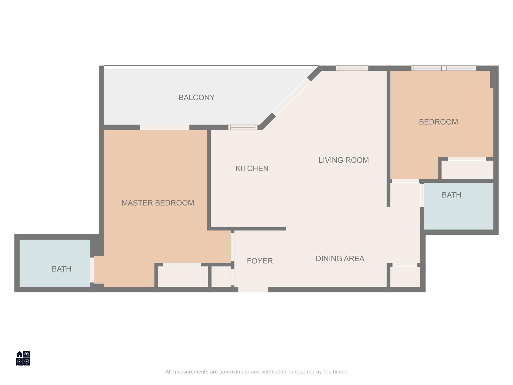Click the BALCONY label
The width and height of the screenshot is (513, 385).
point(196,98)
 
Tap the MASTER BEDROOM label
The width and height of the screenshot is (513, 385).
point(158,203)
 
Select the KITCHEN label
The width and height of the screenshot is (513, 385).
point(252,168)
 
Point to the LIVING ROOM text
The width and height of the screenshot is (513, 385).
point(344,160)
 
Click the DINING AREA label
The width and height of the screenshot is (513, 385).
point(340,258)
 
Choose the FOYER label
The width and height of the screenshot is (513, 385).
point(260,261)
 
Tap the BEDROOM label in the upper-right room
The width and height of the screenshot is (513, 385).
point(438,122)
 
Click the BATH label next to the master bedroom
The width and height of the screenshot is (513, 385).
point(61,269)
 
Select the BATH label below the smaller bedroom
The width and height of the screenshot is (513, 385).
point(451,195)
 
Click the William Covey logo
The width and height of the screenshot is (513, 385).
point(23,359)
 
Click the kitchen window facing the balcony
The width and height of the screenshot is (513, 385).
point(243,127)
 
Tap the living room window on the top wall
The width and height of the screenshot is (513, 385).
point(352,68)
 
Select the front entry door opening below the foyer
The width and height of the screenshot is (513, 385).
point(253,290)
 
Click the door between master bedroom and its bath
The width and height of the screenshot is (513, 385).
point(92,270)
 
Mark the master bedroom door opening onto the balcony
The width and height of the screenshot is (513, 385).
point(165,127)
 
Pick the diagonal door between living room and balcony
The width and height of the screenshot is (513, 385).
point(291,97)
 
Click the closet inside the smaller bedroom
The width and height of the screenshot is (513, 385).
point(467,170)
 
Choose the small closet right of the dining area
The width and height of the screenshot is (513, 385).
point(405,277)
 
